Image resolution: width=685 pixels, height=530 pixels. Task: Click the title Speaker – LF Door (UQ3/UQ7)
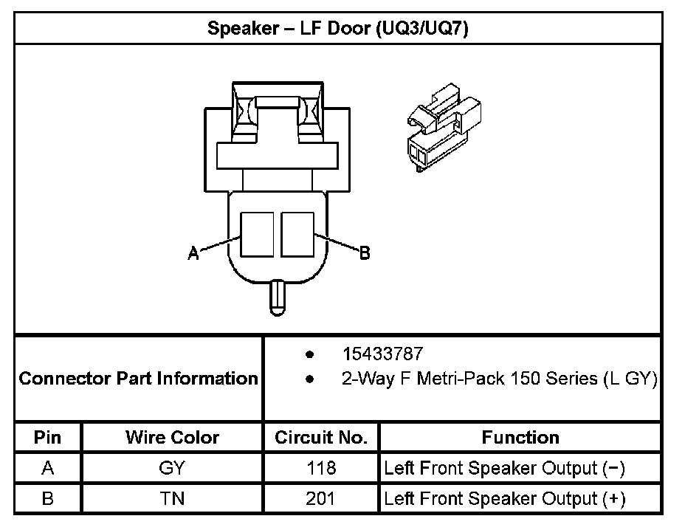(x=338, y=30)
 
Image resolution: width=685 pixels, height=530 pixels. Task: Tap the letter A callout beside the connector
(x=193, y=253)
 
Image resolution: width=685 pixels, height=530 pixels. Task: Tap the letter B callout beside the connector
(x=364, y=253)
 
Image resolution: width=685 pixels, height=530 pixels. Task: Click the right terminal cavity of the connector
(x=298, y=235)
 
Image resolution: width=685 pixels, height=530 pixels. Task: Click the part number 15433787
(x=382, y=354)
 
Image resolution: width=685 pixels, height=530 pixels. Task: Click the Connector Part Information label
(x=139, y=379)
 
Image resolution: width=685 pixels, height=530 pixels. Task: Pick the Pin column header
(x=48, y=437)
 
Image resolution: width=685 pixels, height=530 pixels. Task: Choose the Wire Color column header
(x=172, y=437)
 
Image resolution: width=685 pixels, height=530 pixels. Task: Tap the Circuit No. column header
(x=321, y=437)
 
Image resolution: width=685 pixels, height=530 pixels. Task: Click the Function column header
(x=520, y=437)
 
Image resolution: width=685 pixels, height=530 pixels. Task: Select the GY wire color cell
(x=172, y=468)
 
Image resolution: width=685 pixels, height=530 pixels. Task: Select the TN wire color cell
(x=172, y=499)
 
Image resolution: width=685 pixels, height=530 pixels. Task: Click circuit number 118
(x=321, y=468)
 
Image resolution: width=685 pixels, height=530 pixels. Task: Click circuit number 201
(x=321, y=499)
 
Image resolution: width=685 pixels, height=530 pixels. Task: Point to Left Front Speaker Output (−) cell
(x=505, y=468)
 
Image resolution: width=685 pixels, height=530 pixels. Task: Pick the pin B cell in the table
(x=48, y=499)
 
